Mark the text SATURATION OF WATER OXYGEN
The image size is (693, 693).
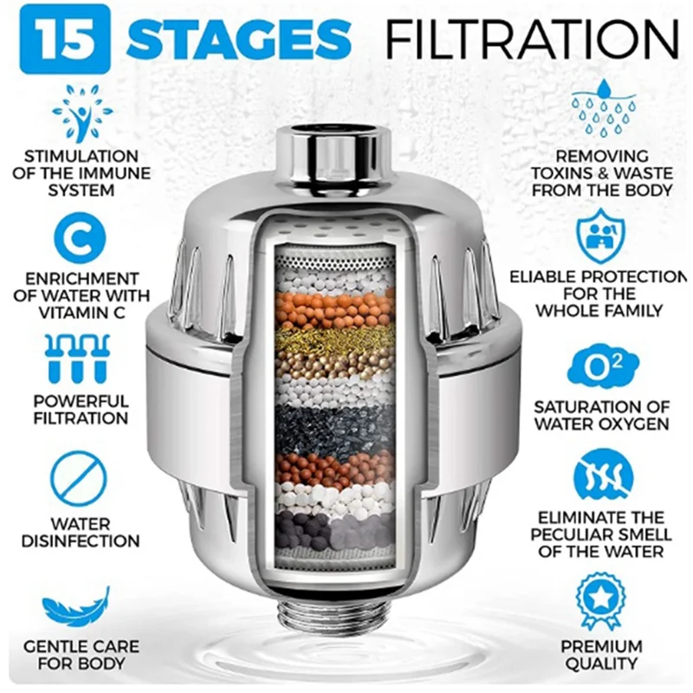(601, 415)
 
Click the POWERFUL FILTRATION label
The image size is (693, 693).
(81, 410)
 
